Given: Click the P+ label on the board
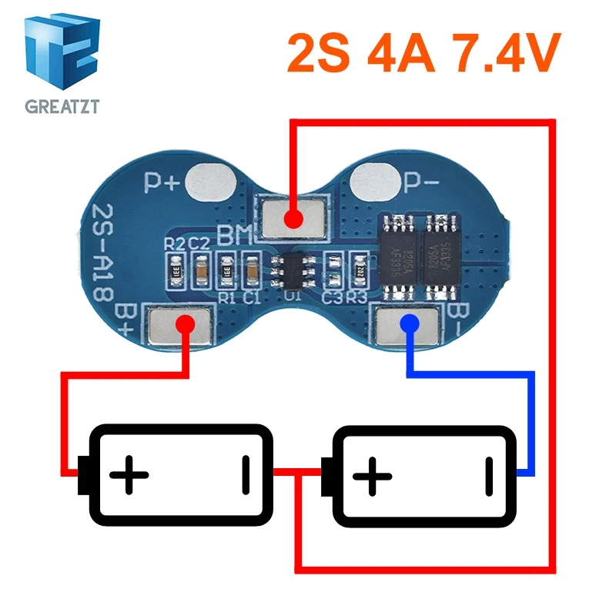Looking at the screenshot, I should pos(162,183).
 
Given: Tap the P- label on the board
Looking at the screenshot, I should pos(423,184).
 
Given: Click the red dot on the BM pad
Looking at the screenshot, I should pos(293,219).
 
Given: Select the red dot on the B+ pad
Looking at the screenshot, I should pos(185,324).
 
